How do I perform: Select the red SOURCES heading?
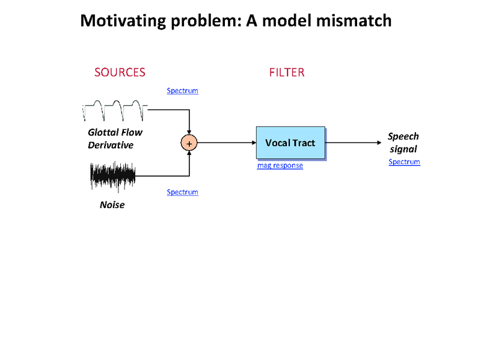120,72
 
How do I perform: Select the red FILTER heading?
286,72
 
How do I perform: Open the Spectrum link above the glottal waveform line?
182,91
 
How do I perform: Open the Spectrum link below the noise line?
182,192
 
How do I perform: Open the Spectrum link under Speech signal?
404,162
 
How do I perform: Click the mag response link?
280,165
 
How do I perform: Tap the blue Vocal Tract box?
290,143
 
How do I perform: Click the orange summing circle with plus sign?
189,143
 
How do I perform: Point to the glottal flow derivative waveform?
115,111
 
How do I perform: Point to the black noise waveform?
113,175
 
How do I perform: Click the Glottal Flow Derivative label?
115,138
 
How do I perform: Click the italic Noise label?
112,205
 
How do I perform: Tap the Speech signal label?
403,142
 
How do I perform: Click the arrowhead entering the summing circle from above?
189,132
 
